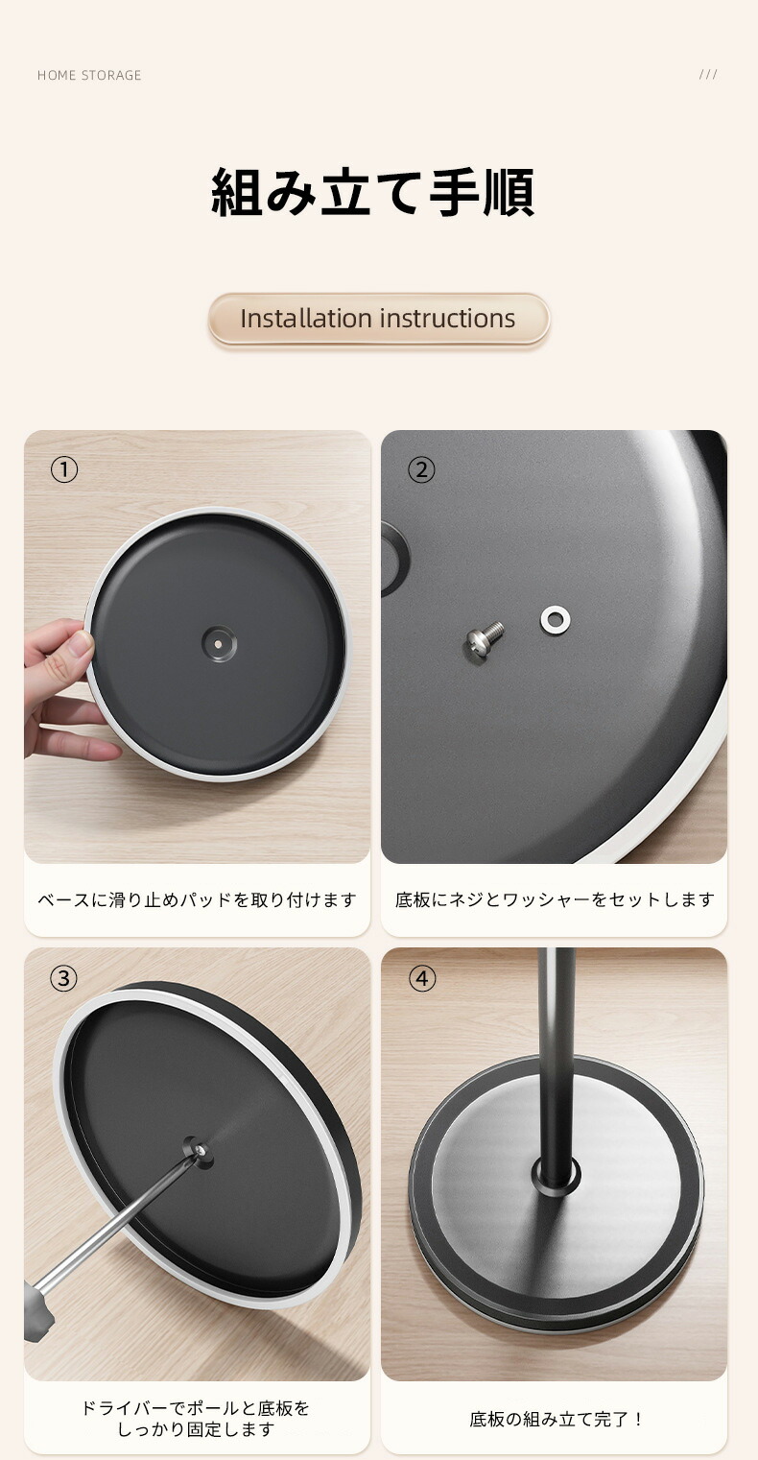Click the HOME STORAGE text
click(x=89, y=75)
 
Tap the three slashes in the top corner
click(x=708, y=74)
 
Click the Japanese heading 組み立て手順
click(x=373, y=192)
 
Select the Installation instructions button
click(x=379, y=319)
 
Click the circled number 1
click(x=64, y=469)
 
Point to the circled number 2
click(x=421, y=469)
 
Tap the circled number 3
click(x=64, y=978)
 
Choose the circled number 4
click(x=421, y=978)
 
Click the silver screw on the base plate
click(x=485, y=638)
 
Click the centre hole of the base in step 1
click(x=218, y=643)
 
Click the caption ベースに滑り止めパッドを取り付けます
click(x=197, y=899)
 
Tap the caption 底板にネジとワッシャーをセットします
click(x=555, y=899)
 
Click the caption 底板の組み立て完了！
click(x=556, y=1419)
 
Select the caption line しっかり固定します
click(x=196, y=1429)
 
